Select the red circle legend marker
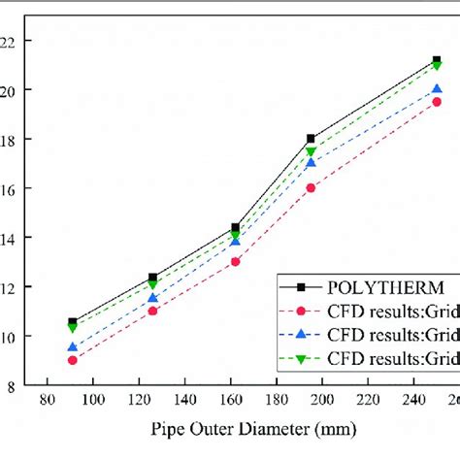pyautogui.click(x=302, y=311)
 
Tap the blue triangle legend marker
pyautogui.click(x=302, y=335)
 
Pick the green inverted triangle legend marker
pyautogui.click(x=302, y=358)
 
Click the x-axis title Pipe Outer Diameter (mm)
pyautogui.click(x=253, y=428)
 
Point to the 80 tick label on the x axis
pyautogui.click(x=46, y=399)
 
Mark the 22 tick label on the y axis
pyautogui.click(x=8, y=41)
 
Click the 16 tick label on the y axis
pyautogui.click(x=8, y=188)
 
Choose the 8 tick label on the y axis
pyautogui.click(x=10, y=385)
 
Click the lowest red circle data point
pyautogui.click(x=72, y=360)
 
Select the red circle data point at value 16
pyautogui.click(x=311, y=187)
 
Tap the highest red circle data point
pyautogui.click(x=437, y=102)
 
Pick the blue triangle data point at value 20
pyautogui.click(x=437, y=89)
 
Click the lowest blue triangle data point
pyautogui.click(x=72, y=347)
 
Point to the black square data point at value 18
pyautogui.click(x=311, y=139)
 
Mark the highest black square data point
pyautogui.click(x=437, y=60)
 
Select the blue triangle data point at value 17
pyautogui.click(x=311, y=163)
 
